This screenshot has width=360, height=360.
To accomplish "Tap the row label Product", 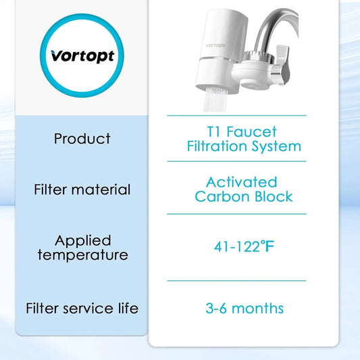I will [82, 138].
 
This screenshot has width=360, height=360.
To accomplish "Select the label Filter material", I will [82, 190].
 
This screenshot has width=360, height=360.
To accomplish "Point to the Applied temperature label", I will [82, 247].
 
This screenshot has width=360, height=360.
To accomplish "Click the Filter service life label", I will [82, 309].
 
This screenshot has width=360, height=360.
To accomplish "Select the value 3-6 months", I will [244, 309].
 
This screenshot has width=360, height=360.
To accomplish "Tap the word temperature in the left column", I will [82, 255].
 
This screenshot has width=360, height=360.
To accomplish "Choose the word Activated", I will [241, 182].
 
